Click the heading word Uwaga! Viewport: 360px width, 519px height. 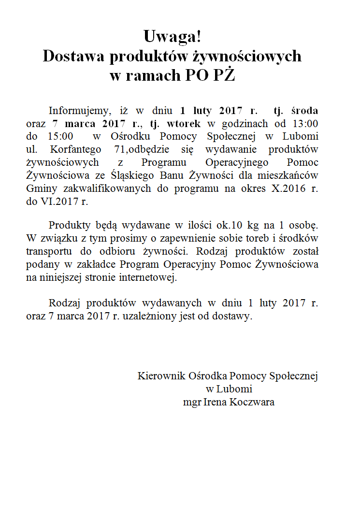point(172,37)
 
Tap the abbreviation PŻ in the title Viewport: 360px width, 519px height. point(224,76)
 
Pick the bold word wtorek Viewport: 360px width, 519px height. point(183,123)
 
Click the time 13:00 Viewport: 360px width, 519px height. point(304,123)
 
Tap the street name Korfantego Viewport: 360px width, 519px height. point(75,149)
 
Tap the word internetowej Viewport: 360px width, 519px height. point(148,277)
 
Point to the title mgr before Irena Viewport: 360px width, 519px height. point(191,402)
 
